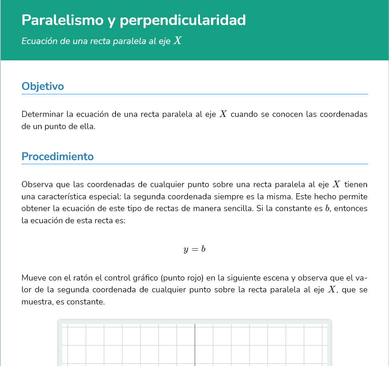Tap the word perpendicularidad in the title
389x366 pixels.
[183, 20]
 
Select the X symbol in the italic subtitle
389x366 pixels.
[178, 41]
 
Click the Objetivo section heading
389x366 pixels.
[43, 86]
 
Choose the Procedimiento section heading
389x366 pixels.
[58, 156]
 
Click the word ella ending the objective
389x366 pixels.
[87, 126]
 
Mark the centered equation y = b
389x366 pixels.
[194, 249]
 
